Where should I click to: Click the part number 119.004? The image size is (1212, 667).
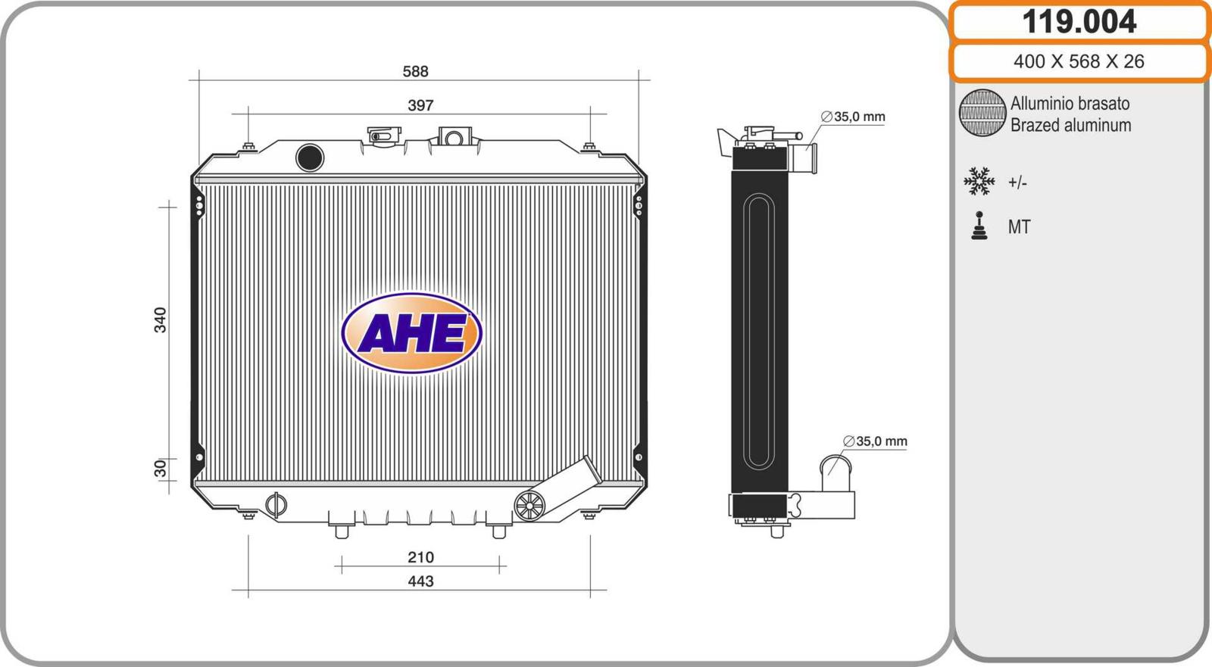pyautogui.click(x=1079, y=22)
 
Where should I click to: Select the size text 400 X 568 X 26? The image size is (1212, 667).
pyautogui.click(x=1079, y=61)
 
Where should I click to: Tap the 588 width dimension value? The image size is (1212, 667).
pyautogui.click(x=416, y=71)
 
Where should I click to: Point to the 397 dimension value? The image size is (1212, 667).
pyautogui.click(x=420, y=105)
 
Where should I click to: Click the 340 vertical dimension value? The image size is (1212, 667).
pyautogui.click(x=161, y=319)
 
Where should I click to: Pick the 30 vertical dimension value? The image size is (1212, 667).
pyautogui.click(x=161, y=469)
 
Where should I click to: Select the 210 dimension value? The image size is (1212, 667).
pyautogui.click(x=421, y=557)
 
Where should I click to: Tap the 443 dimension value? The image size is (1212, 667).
pyautogui.click(x=421, y=581)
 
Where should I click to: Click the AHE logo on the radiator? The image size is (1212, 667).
pyautogui.click(x=412, y=332)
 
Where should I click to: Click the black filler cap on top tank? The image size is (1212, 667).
pyautogui.click(x=310, y=158)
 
